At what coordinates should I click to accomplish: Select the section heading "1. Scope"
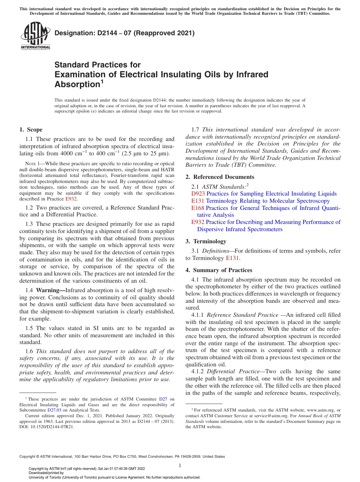click(31, 130)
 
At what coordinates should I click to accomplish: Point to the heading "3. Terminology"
click(210, 241)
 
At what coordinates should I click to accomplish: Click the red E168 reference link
click(198, 208)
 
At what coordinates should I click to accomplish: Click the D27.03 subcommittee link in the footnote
click(53, 410)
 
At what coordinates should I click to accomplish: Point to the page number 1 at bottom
click(180, 465)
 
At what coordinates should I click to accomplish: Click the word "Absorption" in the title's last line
click(77, 84)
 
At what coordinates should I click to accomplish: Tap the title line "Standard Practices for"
click(97, 65)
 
